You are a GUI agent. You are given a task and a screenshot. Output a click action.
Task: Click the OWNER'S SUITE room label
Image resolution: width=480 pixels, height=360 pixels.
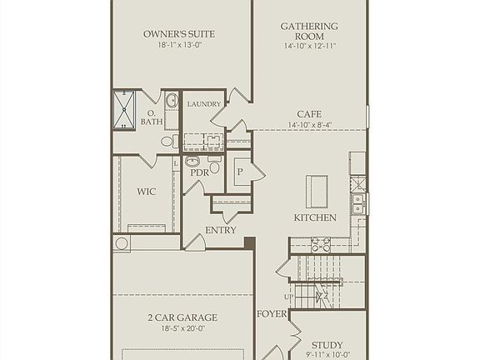179,34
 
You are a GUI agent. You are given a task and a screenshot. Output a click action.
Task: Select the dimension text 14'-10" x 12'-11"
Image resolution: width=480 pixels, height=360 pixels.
309,47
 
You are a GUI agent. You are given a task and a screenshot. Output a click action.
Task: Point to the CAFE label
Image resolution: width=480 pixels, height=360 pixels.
309,114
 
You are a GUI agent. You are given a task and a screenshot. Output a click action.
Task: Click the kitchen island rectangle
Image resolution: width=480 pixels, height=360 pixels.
317,191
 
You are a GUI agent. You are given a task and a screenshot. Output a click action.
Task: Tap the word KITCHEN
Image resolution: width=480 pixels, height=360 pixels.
315,217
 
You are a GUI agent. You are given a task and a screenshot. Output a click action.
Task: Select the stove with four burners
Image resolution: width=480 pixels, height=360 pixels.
321,244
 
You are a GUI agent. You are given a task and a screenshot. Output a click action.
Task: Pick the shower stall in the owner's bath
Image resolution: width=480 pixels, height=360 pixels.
124,110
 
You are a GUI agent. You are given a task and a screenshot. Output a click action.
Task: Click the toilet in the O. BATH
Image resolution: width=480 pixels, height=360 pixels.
167,141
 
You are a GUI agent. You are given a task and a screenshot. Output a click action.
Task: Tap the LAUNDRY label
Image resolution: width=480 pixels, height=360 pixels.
204,104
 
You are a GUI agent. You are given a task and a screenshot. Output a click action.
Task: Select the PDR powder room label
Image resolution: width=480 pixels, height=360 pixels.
201,172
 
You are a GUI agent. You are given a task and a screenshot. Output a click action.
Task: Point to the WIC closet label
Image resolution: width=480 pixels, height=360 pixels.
147,192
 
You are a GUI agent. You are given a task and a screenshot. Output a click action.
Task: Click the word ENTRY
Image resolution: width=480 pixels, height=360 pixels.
221,230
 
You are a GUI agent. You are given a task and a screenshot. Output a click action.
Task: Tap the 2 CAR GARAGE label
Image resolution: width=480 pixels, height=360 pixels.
182,317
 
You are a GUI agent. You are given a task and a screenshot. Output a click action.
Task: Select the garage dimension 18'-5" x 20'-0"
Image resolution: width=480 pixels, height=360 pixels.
182,328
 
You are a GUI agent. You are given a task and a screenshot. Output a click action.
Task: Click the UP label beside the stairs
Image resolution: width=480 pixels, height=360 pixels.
289,297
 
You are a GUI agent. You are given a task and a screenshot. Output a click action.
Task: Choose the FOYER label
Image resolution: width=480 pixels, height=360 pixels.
271,314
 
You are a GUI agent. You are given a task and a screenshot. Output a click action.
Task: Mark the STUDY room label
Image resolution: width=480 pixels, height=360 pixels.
327,345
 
